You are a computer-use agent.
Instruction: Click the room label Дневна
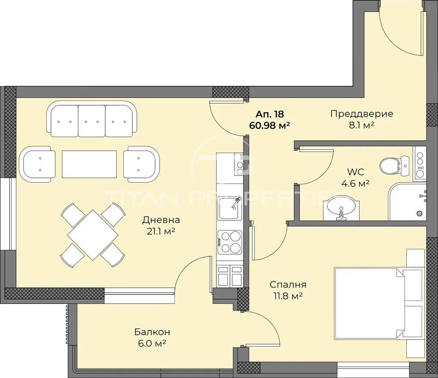[161, 220]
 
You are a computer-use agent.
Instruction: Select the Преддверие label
[362, 114]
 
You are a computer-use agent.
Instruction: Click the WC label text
[355, 172]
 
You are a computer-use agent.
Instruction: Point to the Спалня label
[288, 285]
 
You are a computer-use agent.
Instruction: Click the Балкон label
[152, 332]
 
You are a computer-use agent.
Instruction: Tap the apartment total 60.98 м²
[269, 125]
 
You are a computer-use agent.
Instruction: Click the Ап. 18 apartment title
[270, 114]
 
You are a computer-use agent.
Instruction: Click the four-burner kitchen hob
[230, 242]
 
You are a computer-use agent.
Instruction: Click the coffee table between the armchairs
[89, 164]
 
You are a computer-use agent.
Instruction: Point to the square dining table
[93, 235]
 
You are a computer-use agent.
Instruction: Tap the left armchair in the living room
[37, 164]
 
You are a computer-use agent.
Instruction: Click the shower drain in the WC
[421, 214]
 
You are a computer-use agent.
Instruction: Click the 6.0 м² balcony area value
[152, 343]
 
